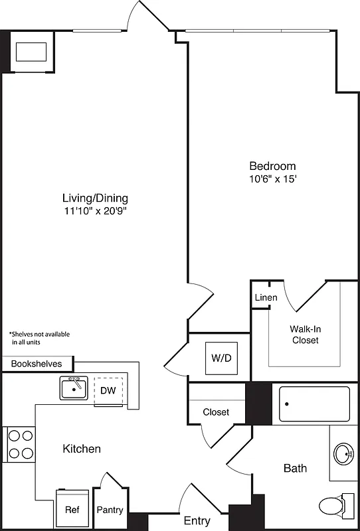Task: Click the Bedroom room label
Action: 272,166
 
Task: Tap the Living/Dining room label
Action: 95,198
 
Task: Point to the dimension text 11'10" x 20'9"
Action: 95,211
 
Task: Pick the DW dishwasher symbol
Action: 108,390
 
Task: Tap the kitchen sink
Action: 74,388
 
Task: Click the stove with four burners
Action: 20,445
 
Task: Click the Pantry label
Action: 110,510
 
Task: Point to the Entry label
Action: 197,520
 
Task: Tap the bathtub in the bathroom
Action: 314,404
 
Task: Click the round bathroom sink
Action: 344,455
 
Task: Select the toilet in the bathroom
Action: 337,504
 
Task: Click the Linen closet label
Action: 266,297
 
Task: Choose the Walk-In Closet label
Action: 304,335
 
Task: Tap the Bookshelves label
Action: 37,364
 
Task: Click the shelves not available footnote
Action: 39,339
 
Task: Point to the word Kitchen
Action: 82,449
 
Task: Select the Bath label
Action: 295,469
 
